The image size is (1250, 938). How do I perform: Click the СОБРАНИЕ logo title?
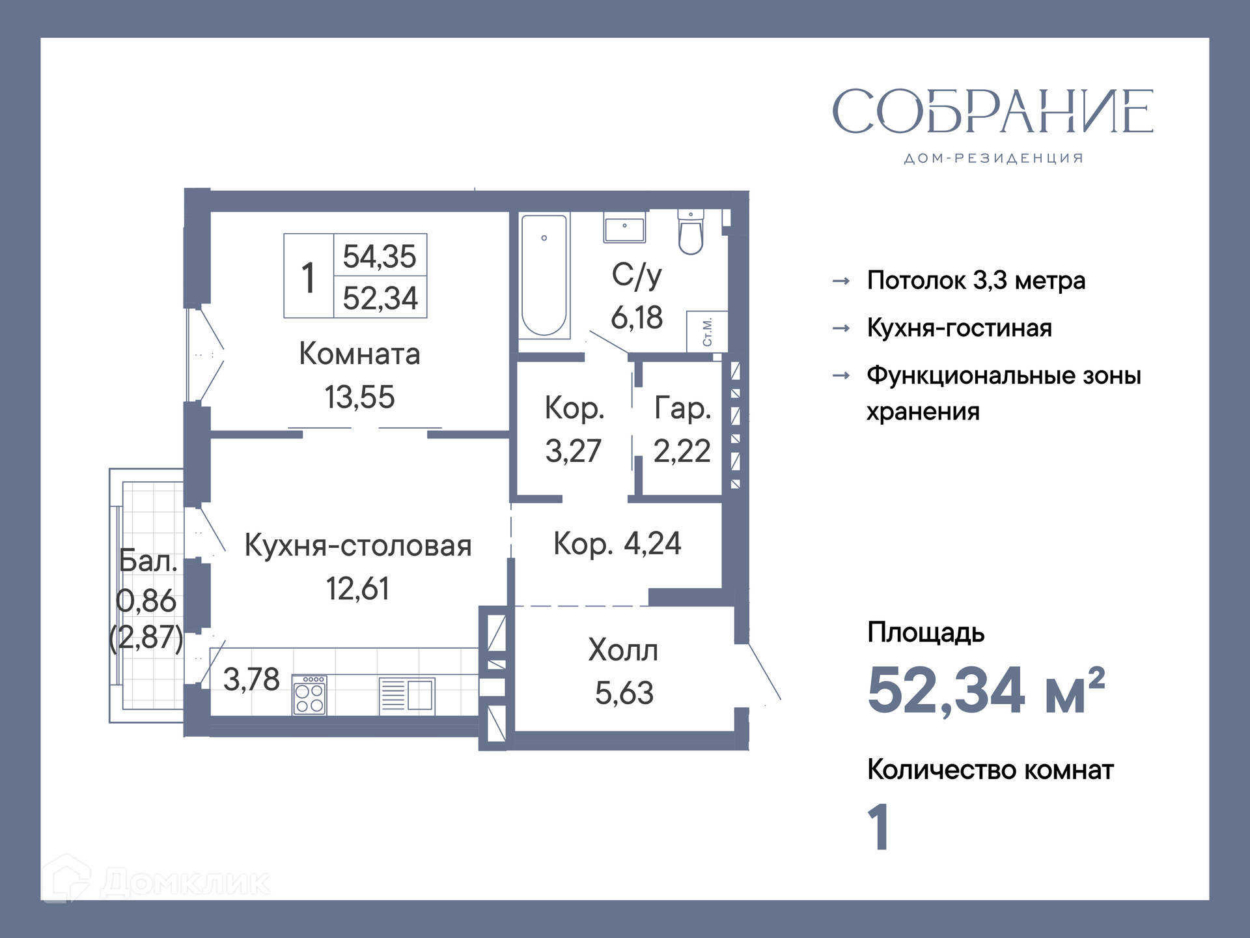993,111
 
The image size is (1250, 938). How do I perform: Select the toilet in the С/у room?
691,232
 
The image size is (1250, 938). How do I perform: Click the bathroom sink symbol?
624,227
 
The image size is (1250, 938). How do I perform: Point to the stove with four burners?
310,695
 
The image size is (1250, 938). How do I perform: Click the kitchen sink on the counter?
408,696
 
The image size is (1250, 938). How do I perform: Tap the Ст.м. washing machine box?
707,332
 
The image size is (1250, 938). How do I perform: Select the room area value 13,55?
359,397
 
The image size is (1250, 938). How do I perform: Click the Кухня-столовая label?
358,545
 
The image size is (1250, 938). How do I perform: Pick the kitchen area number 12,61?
357,589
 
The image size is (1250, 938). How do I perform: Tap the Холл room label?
623,650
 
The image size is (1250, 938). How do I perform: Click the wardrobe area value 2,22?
682,451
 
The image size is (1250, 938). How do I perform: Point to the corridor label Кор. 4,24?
617,544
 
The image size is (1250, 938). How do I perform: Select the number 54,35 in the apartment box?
380,256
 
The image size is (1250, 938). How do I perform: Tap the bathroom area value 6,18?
637,318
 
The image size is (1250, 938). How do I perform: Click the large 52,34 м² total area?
986,690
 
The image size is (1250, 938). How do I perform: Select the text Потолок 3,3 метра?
976,281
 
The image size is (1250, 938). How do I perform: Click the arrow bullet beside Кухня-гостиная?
841,328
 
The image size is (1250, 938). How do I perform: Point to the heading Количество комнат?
990,770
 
